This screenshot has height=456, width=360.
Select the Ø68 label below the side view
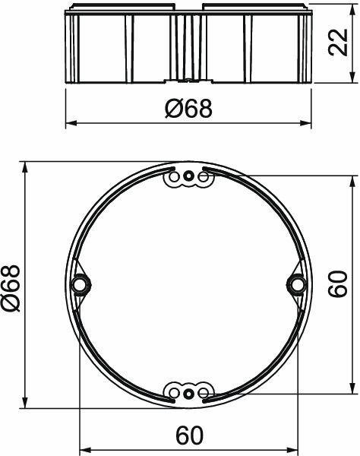(188, 109)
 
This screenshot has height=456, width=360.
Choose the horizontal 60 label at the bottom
(188, 437)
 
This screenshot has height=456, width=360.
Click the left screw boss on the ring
(79, 284)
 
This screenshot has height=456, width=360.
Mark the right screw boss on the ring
(295, 284)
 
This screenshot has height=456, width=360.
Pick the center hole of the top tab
(187, 178)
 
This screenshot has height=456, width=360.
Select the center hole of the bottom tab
(187, 392)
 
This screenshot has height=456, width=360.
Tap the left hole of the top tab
(172, 178)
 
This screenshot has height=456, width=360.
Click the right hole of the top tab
(202, 178)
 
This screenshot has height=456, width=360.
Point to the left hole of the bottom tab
(172, 392)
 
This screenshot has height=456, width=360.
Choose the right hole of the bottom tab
(202, 392)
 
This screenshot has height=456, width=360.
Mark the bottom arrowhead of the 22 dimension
(352, 79)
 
